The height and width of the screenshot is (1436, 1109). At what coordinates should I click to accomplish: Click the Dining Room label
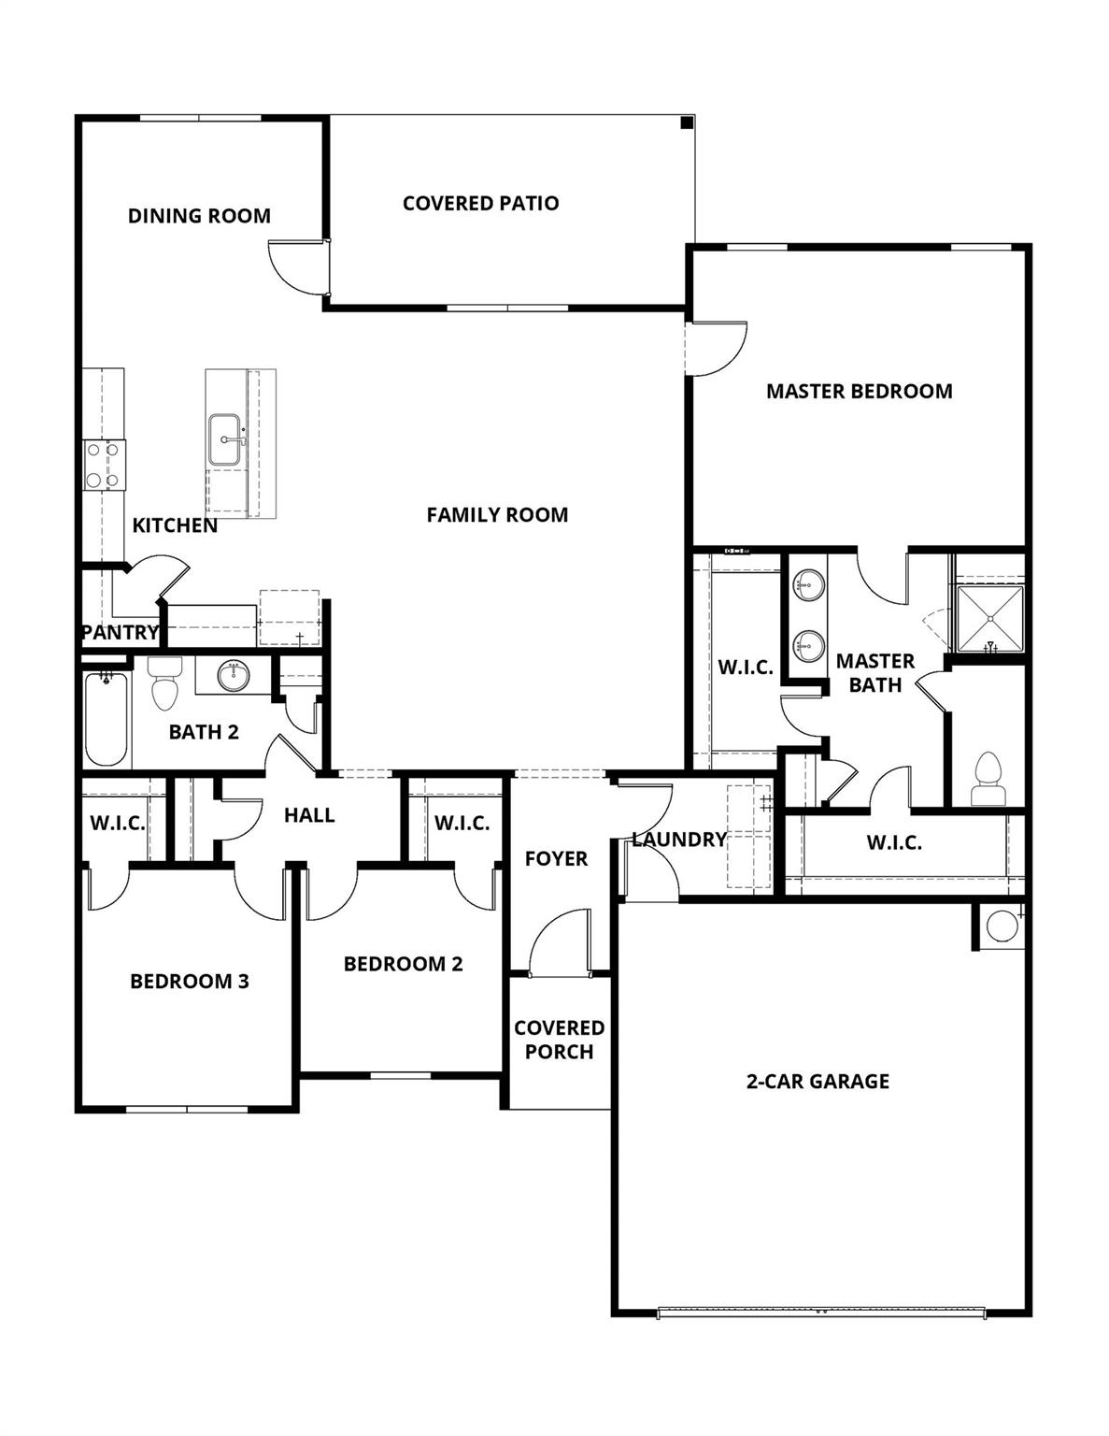pos(199,216)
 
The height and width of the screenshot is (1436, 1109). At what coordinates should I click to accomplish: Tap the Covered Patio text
pos(480,203)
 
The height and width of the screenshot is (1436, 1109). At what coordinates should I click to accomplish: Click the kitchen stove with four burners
pos(104,465)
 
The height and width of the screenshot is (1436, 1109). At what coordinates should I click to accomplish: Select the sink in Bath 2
pos(233,675)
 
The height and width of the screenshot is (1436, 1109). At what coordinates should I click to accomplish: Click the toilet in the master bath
pos(988,781)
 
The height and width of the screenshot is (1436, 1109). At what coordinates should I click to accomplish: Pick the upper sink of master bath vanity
pos(808,586)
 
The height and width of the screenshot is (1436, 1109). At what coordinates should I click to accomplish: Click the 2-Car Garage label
pos(818,1082)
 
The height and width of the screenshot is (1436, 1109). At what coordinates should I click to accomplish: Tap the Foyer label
pos(556,858)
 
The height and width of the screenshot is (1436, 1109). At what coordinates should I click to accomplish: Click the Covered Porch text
pos(559,1040)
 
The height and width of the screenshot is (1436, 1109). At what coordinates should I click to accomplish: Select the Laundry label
pos(678,840)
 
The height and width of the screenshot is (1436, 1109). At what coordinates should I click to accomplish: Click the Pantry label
pos(120,632)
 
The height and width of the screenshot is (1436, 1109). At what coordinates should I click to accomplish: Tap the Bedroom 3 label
pos(190,982)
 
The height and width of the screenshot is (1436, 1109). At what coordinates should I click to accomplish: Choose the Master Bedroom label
pos(859,391)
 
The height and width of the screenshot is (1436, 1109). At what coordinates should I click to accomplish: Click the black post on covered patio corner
pos(686,122)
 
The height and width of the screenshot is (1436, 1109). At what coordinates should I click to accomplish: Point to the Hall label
pos(309,815)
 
